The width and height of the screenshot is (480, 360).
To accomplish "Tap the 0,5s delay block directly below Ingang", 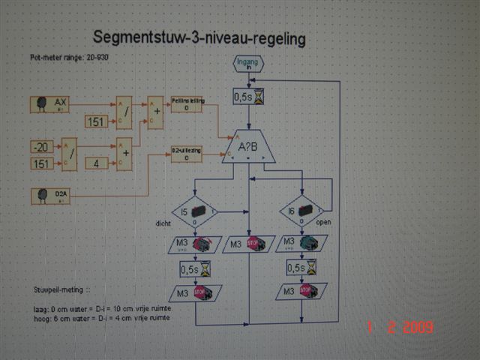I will click(248, 97).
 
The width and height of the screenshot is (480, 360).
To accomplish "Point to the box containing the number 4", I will click(96, 163).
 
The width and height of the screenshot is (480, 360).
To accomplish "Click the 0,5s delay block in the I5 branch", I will click(194, 267).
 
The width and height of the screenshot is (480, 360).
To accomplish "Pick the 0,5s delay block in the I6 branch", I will click(301, 267).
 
